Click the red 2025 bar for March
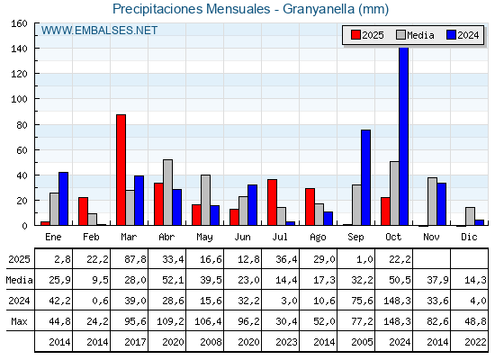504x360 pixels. pos(121,170)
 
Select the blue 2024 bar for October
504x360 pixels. pos(403,136)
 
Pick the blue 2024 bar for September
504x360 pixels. pos(365,177)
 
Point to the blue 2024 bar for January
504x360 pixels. pos(63,199)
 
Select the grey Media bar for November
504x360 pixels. pos(432,202)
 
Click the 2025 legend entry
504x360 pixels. pos(367,35)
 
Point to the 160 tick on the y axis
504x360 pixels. pos(19,24)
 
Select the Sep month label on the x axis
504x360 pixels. pos(356,236)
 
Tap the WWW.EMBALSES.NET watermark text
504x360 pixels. pos(99,31)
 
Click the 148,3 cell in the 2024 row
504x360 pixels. pos(394,301)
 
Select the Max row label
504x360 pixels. pos(19,321)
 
